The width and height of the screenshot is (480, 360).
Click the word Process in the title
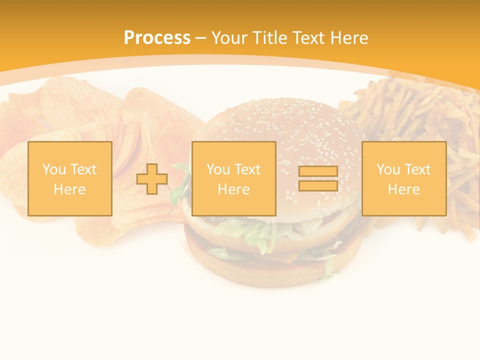click(x=157, y=38)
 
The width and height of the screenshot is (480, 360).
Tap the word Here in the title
click(x=347, y=38)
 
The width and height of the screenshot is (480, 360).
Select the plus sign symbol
click(x=152, y=178)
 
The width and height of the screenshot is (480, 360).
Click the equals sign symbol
click(x=318, y=178)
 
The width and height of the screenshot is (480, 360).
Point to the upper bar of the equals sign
click(x=318, y=171)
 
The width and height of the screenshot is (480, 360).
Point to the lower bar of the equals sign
click(x=318, y=185)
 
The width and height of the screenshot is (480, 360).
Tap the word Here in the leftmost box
click(x=69, y=189)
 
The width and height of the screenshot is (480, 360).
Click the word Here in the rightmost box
click(x=403, y=189)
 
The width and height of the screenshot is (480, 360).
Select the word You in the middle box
click(x=217, y=169)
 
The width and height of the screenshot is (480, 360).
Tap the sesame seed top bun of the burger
click(x=280, y=125)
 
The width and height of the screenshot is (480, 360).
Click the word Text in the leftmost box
click(x=83, y=169)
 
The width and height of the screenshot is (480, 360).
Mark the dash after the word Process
click(x=200, y=38)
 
